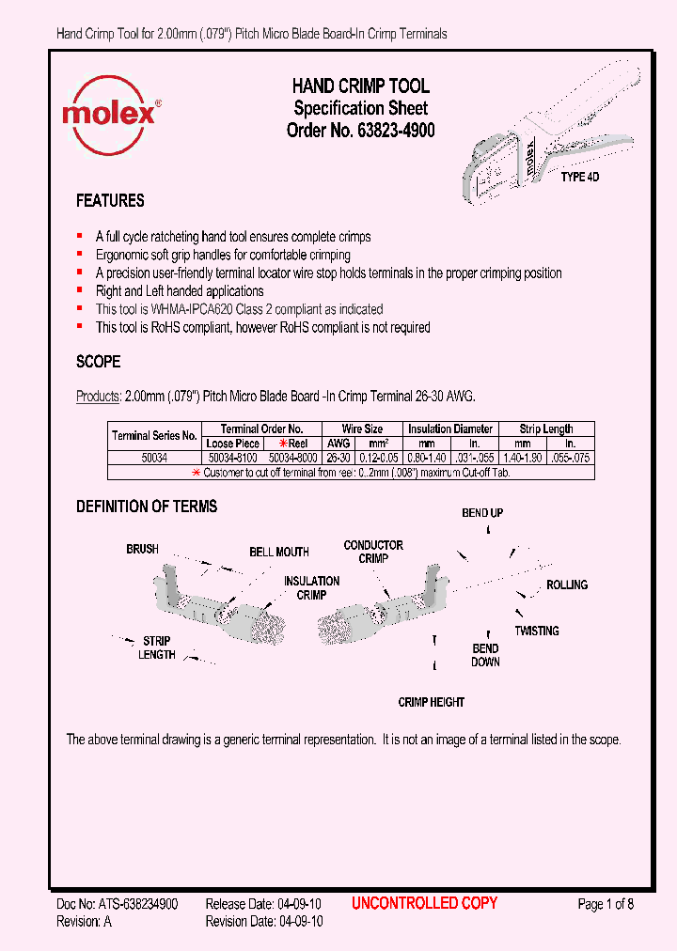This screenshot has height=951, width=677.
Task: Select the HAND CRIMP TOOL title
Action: click(x=360, y=86)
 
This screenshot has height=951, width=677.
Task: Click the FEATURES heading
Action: click(x=110, y=201)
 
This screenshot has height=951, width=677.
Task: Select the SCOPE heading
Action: click(x=98, y=362)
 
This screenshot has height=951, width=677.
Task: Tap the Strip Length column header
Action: click(x=545, y=429)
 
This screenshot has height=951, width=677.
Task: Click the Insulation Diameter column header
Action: click(x=450, y=429)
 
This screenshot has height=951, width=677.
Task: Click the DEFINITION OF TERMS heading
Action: click(x=147, y=507)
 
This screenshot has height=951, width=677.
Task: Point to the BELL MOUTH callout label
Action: click(x=279, y=553)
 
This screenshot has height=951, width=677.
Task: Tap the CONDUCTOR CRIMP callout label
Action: click(x=373, y=552)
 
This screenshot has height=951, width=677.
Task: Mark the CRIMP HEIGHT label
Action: click(x=432, y=702)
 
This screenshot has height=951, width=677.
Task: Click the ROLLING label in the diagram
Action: click(x=567, y=585)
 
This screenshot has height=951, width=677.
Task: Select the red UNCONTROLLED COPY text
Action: click(x=424, y=903)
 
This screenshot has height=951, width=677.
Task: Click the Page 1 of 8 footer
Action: click(x=606, y=904)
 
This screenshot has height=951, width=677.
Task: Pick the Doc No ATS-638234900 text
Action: click(x=118, y=904)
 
